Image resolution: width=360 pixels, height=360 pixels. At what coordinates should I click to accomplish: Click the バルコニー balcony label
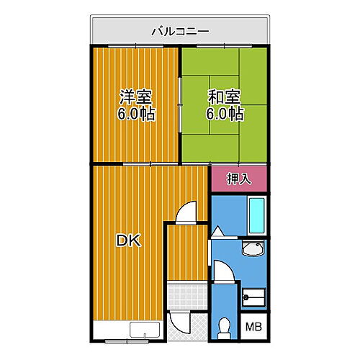[180, 31]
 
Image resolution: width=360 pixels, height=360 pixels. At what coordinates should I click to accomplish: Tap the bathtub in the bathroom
[257, 214]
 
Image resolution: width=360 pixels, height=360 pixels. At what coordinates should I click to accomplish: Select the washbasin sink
[254, 251]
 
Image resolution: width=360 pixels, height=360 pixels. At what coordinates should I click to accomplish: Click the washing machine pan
[254, 297]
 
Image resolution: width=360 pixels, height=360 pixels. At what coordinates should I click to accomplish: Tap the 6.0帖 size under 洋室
[135, 114]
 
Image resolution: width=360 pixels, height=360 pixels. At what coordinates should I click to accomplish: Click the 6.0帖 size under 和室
[225, 114]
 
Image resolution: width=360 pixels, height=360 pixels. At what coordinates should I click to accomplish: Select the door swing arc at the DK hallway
[186, 213]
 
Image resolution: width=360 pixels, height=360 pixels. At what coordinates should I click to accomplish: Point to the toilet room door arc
[224, 277]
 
